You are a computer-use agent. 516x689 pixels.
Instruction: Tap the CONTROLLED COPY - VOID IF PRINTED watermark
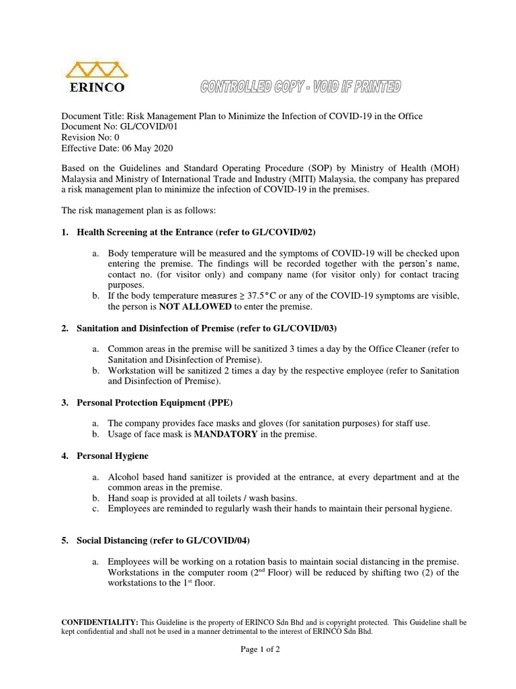pos(300,86)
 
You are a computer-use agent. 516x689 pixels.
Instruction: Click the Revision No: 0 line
pos(91,137)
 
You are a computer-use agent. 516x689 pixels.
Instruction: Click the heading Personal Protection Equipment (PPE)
pos(155,402)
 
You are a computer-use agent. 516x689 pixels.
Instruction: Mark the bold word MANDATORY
pos(226,434)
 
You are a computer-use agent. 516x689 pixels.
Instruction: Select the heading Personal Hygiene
pos(113,456)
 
